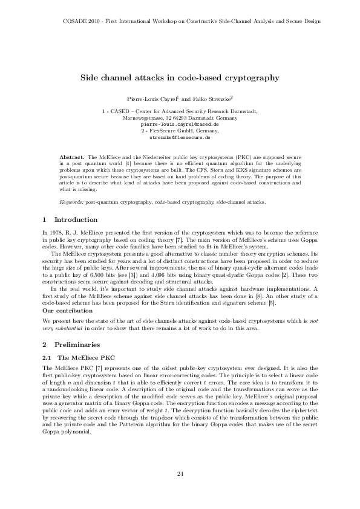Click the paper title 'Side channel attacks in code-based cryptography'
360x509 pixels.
pos(180,78)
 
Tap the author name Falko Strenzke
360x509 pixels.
pos(211,98)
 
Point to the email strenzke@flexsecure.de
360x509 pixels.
pos(180,138)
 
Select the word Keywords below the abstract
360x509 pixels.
pos(72,201)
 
